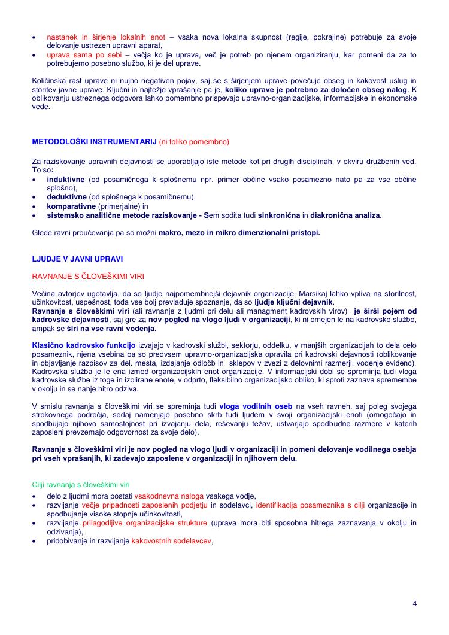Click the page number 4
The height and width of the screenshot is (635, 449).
click(414, 603)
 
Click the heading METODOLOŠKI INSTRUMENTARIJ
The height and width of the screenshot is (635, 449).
click(95, 142)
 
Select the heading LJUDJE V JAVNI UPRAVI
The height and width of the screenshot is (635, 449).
click(77, 259)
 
